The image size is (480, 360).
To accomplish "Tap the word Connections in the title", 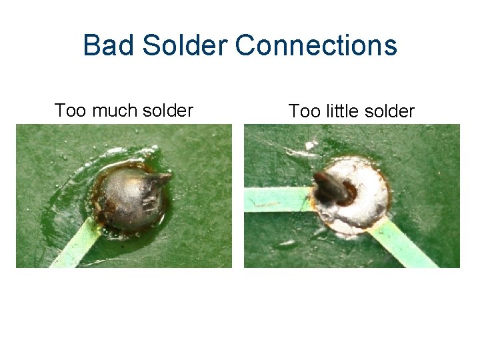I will tap(316, 46).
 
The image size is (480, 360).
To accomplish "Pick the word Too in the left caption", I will tap(69, 110).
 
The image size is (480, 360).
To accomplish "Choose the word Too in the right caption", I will tap(303, 111).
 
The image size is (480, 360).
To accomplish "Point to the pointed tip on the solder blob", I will tap(164, 177).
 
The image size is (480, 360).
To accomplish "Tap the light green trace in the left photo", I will tap(77, 244).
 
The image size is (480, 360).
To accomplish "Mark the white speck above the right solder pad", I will tap(309, 145).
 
